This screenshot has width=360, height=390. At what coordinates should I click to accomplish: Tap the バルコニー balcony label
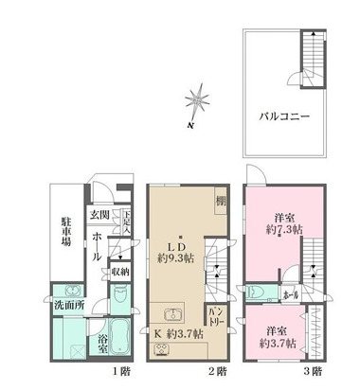[x=287, y=118]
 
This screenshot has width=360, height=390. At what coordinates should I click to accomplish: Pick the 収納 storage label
[x=120, y=273]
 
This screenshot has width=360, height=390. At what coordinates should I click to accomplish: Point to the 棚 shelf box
[x=219, y=201]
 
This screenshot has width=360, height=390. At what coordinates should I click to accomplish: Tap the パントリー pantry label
[x=216, y=314]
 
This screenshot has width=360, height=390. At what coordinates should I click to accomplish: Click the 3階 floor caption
[x=315, y=371]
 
